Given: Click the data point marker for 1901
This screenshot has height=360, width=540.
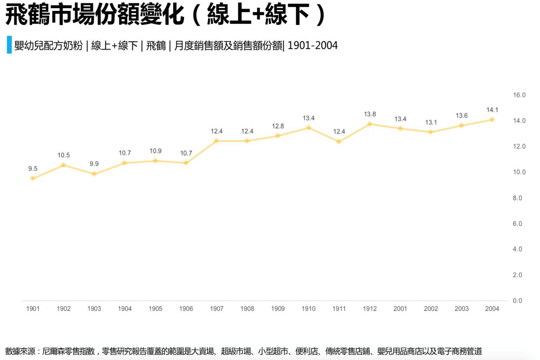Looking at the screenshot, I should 33,178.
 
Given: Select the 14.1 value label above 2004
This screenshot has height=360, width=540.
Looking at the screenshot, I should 492,110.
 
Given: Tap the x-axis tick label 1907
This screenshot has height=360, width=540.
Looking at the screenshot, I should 216,309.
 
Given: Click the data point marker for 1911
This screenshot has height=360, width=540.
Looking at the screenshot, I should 339,141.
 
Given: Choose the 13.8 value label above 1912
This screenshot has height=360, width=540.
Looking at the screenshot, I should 370,114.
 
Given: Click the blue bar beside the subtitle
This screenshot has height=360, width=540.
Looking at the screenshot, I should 9,45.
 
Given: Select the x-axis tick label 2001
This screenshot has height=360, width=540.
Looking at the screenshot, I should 400,309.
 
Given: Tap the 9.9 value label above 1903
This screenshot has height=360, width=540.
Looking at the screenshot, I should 94,164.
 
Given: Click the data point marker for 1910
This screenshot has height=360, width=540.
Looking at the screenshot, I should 308,128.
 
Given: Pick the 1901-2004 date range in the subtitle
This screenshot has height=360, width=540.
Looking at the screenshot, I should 312,45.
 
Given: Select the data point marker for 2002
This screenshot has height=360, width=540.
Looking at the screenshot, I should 431,132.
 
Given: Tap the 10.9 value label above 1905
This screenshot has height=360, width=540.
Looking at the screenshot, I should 155,151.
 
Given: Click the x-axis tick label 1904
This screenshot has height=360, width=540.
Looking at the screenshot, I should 125,309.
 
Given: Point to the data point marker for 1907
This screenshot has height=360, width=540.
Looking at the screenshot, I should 216,141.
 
